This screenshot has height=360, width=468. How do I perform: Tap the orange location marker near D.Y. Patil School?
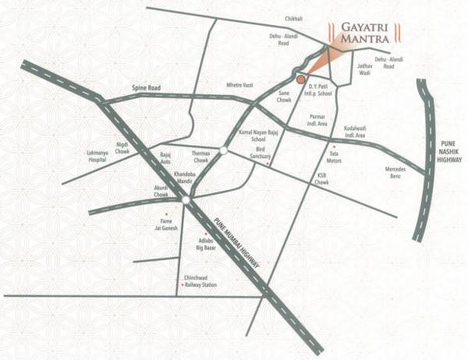tap(300, 78)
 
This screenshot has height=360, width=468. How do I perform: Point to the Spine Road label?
tap(146, 88)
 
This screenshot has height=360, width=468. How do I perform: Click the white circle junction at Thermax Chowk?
tap(223, 150)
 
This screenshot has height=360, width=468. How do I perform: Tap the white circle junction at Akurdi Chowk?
tap(186, 200)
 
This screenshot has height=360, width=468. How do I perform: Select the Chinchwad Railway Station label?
tap(200, 282)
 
